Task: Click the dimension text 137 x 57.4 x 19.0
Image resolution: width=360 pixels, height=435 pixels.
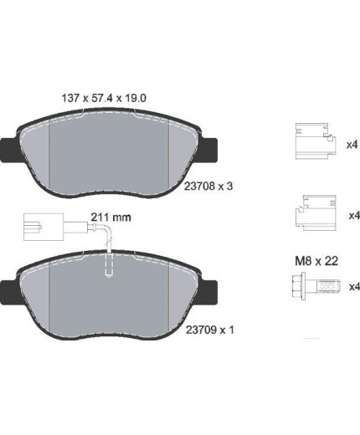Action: [104, 98]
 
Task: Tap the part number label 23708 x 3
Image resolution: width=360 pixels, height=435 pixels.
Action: [208, 186]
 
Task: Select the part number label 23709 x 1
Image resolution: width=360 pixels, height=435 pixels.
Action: [209, 330]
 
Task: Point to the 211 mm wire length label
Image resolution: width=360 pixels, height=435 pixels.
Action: [111, 217]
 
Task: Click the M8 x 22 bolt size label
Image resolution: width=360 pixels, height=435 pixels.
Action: [316, 261]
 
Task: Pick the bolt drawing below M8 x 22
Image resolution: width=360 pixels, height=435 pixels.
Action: [316, 286]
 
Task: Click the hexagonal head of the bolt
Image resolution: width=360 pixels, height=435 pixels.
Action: [299, 286]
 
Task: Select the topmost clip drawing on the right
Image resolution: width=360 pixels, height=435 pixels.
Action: [315, 141]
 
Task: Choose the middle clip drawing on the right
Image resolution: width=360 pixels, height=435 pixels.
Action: [315, 212]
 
